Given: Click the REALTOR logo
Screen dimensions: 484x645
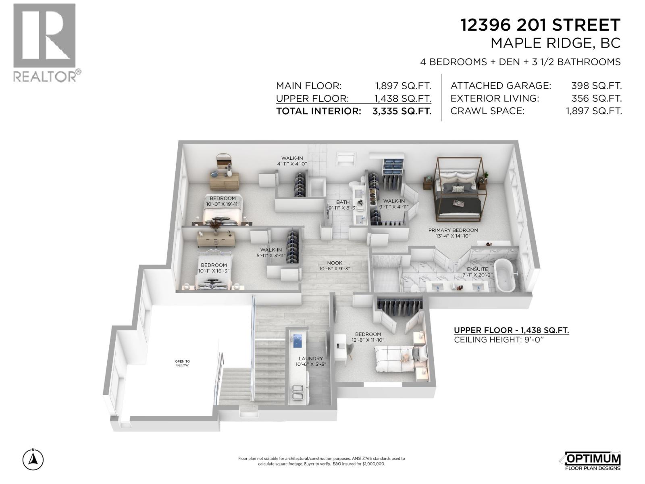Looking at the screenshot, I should tap(44, 42).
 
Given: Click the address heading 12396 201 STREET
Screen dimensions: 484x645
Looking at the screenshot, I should tap(540, 25).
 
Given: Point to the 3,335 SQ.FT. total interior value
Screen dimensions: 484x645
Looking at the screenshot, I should tap(402, 111).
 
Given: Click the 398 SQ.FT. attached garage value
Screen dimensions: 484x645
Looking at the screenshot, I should tap(596, 86).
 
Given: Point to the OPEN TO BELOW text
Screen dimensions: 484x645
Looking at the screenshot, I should tap(182, 363).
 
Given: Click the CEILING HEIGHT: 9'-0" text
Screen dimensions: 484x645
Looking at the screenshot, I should tap(499, 340).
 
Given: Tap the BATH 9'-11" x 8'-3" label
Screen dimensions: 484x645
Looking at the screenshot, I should tap(343, 205).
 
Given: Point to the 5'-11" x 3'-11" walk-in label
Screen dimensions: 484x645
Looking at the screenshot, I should tap(271, 252).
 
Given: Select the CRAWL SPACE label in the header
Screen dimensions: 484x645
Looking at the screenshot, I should tap(487, 111).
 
